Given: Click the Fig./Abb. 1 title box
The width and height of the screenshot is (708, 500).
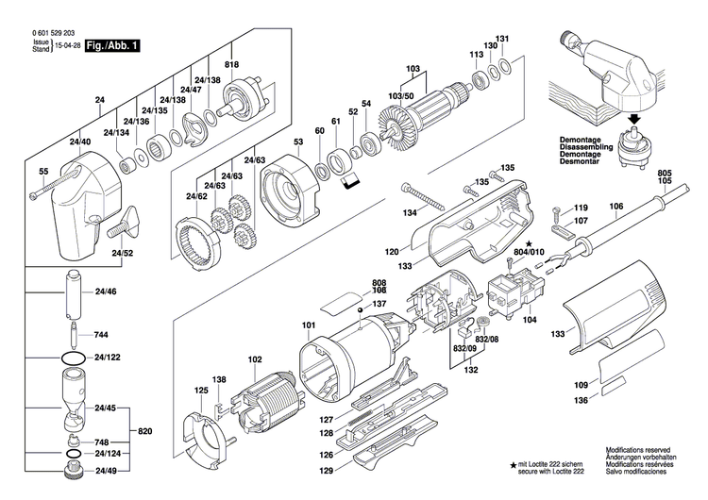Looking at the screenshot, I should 111,45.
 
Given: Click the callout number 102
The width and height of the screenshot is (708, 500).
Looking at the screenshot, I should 255,359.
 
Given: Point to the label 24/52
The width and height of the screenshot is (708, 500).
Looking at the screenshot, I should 122,254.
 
